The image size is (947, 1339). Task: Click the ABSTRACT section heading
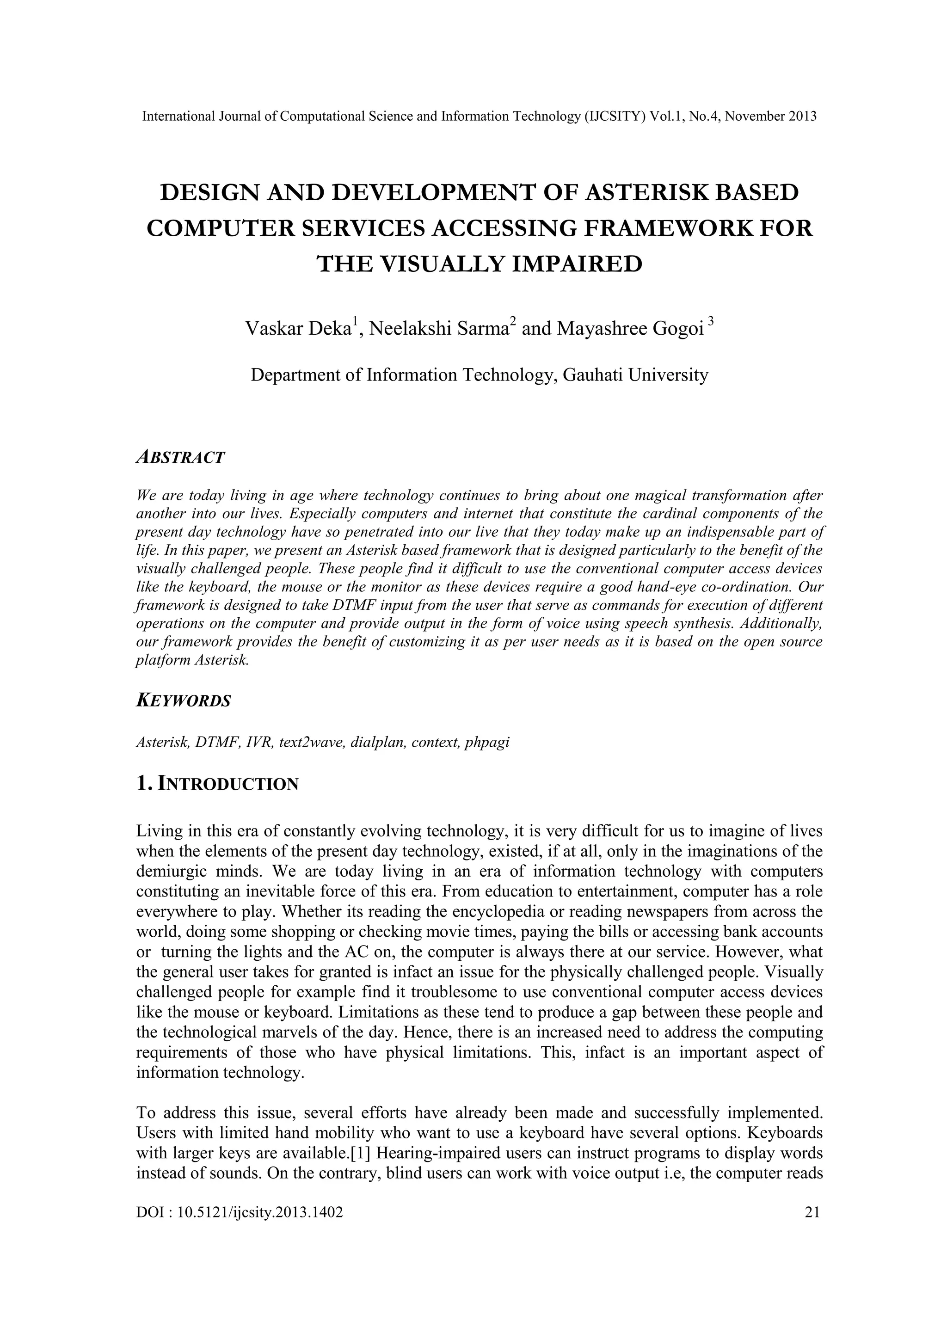(x=180, y=457)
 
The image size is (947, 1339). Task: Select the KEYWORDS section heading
(x=184, y=700)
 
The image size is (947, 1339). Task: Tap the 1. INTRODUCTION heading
(x=217, y=784)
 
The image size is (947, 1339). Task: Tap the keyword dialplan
(x=378, y=743)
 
